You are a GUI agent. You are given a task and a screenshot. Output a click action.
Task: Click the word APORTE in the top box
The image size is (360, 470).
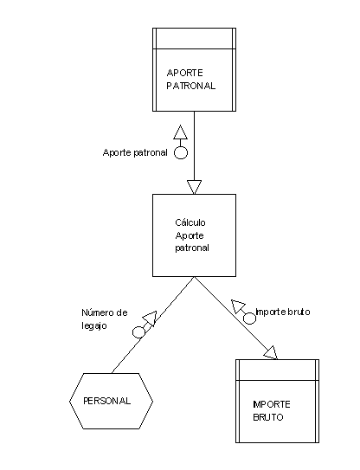184,73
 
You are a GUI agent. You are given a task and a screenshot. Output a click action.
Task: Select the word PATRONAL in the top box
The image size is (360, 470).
191,86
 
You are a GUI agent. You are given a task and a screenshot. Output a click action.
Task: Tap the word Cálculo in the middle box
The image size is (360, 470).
190,222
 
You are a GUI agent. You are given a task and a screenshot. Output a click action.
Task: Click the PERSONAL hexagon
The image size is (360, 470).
112,401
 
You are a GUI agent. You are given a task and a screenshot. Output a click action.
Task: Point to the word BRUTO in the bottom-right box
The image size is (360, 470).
268,417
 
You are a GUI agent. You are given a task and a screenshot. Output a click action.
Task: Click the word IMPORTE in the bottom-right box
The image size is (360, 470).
272,404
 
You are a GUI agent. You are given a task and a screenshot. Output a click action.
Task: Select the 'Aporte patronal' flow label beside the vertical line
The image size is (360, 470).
135,152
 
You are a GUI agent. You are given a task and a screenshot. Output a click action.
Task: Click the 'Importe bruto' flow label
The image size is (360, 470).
283,312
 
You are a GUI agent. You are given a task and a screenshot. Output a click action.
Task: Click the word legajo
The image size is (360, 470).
94,325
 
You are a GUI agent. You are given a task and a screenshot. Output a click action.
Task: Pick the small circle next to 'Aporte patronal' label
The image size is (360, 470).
181,153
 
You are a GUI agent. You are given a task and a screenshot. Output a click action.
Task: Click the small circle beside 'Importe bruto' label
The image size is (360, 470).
249,318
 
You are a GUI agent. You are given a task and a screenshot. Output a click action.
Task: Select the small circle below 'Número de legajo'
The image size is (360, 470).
138,332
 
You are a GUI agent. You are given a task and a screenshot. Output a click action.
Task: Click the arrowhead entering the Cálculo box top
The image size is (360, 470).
194,187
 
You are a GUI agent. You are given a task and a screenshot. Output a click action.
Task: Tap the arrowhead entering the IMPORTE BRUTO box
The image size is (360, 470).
271,353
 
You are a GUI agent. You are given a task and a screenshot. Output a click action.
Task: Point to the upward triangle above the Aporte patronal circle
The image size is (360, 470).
181,132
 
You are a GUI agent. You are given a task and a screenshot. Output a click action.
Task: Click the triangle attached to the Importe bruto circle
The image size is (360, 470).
238,306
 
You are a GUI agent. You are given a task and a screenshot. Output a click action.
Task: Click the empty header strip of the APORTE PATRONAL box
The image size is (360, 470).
194,39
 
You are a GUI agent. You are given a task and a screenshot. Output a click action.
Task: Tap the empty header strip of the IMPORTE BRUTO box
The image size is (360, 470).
277,370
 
